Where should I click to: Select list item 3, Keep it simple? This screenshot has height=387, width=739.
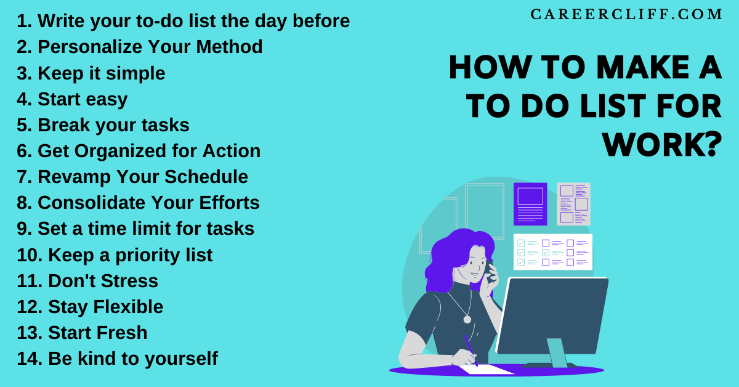click(91, 73)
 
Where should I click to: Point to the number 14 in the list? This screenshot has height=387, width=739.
click(29, 358)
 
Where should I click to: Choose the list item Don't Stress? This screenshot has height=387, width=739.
click(87, 280)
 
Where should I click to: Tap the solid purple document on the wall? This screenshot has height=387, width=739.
click(530, 203)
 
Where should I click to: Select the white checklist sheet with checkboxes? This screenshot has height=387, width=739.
click(552, 252)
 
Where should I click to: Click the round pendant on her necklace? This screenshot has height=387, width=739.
click(467, 319)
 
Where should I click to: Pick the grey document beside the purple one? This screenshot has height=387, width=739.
click(573, 203)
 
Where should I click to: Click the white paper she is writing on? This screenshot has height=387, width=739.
click(487, 369)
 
